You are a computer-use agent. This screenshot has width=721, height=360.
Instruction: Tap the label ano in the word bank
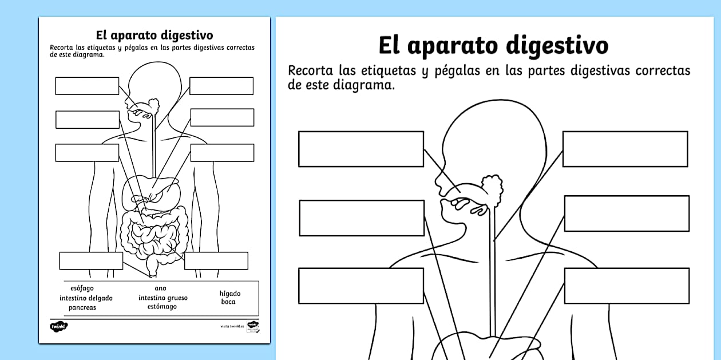click(x=160, y=288)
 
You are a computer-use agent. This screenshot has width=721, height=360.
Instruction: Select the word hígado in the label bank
click(x=230, y=294)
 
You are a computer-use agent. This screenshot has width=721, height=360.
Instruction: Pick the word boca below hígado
click(x=228, y=302)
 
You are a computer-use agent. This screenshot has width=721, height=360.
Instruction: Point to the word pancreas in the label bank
click(x=82, y=307)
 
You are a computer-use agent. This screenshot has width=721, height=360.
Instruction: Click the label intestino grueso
click(x=163, y=298)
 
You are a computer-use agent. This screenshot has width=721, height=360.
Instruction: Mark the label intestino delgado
click(x=86, y=298)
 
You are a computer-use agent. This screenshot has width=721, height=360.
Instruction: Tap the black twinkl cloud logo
click(x=59, y=326)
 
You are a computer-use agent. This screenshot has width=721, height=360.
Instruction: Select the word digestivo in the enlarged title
click(x=554, y=45)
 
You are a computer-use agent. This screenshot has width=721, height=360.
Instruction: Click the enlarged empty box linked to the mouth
click(x=360, y=149)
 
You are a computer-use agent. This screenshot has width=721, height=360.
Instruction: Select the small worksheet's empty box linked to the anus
click(x=91, y=260)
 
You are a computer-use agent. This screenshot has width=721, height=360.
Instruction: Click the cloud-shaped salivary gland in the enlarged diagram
click(x=492, y=187)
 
